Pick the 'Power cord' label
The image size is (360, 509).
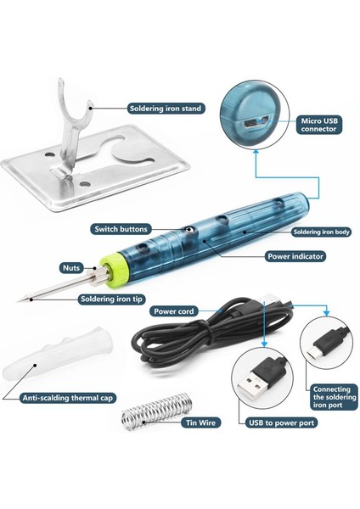(x=173, y=311)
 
